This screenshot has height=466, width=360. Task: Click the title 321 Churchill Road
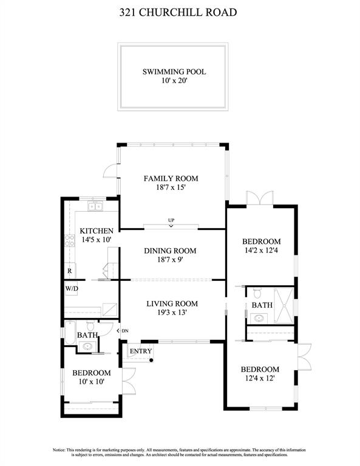(178, 12)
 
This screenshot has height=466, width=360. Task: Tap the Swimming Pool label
(174, 72)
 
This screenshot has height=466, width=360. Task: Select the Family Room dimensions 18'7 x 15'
(171, 187)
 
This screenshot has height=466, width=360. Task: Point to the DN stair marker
(123, 331)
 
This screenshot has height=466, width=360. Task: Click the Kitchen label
(97, 231)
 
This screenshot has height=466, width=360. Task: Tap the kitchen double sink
(95, 206)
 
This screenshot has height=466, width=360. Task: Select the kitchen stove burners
(70, 240)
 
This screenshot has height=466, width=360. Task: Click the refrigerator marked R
(70, 271)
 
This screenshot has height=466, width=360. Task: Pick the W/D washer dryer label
(72, 288)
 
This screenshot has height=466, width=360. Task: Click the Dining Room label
(170, 251)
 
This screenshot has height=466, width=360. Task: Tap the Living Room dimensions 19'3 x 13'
(172, 312)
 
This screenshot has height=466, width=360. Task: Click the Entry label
(141, 351)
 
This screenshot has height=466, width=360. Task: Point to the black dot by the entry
(151, 360)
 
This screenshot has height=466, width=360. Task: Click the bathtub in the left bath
(70, 333)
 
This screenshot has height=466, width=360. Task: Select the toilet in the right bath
(257, 292)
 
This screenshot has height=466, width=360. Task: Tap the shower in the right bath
(284, 305)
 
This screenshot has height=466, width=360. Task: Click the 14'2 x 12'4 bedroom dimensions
(261, 250)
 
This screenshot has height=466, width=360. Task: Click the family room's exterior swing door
(110, 171)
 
